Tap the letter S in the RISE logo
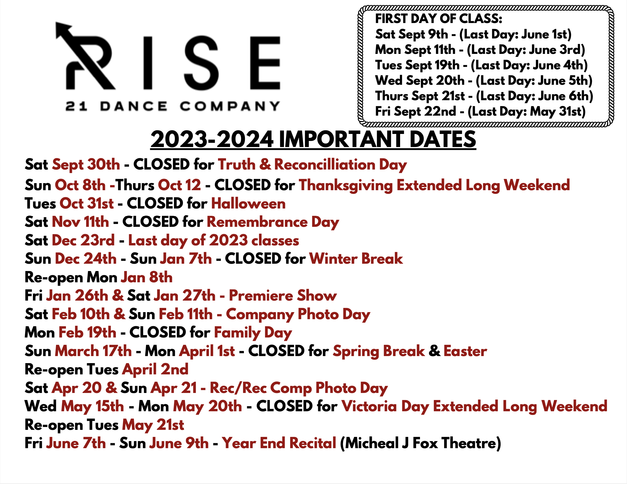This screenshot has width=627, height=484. pyautogui.click(x=201, y=63)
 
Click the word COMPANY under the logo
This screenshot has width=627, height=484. pyautogui.click(x=230, y=106)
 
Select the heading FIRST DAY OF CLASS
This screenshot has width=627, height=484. pyautogui.click(x=438, y=19)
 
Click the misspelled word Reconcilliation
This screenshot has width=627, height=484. pyautogui.click(x=325, y=165)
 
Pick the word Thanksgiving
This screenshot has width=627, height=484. pyautogui.click(x=346, y=185)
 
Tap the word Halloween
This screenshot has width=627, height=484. pyautogui.click(x=248, y=204)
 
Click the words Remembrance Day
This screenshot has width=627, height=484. pyautogui.click(x=273, y=222)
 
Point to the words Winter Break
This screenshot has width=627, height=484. pyautogui.click(x=356, y=259)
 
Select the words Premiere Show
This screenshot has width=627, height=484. pyautogui.click(x=283, y=296)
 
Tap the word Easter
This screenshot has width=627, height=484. pyautogui.click(x=465, y=351)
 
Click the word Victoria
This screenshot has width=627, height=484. pyautogui.click(x=369, y=407)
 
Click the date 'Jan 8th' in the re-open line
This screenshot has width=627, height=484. pyautogui.click(x=147, y=277)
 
